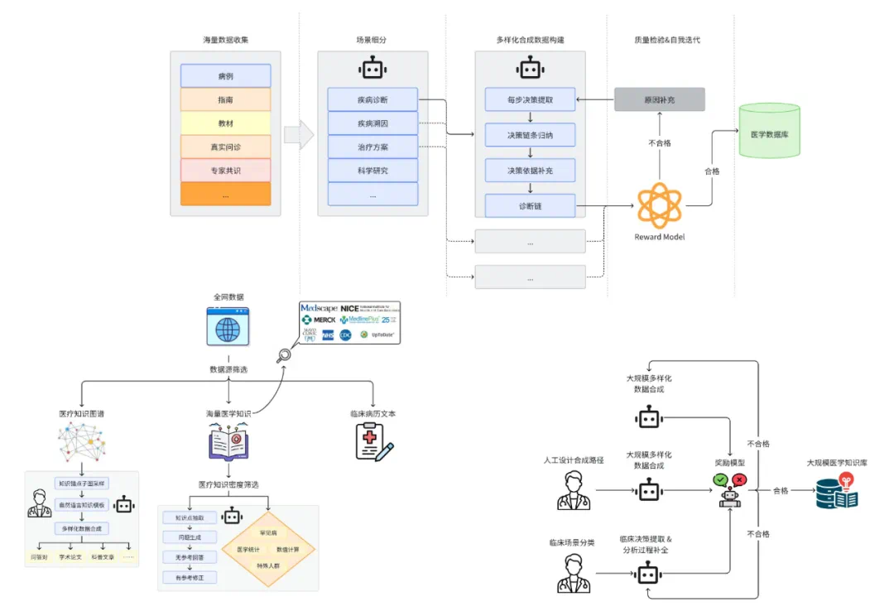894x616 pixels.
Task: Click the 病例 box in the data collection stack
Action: pyautogui.click(x=225, y=76)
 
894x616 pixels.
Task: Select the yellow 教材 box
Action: pyautogui.click(x=225, y=123)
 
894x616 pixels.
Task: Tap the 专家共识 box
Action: pyautogui.click(x=225, y=171)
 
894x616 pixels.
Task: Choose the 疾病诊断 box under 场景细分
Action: pyautogui.click(x=372, y=100)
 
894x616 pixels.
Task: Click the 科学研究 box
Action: pyautogui.click(x=372, y=171)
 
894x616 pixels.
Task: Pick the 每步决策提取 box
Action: pyautogui.click(x=530, y=100)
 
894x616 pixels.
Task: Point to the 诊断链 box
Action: pyautogui.click(x=530, y=205)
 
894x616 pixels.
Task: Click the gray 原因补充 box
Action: pyautogui.click(x=659, y=100)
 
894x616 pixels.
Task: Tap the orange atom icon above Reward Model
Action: pyautogui.click(x=659, y=205)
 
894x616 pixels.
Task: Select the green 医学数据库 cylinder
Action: pyautogui.click(x=769, y=131)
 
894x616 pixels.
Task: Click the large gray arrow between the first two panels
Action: pyautogui.click(x=299, y=135)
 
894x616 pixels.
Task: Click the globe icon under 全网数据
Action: pyautogui.click(x=228, y=328)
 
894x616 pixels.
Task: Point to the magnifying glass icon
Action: pyautogui.click(x=284, y=356)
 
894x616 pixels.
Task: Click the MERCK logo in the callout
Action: pyautogui.click(x=319, y=320)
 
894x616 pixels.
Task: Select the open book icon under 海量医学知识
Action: pyautogui.click(x=228, y=441)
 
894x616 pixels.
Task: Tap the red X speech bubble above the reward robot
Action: pyautogui.click(x=739, y=479)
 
